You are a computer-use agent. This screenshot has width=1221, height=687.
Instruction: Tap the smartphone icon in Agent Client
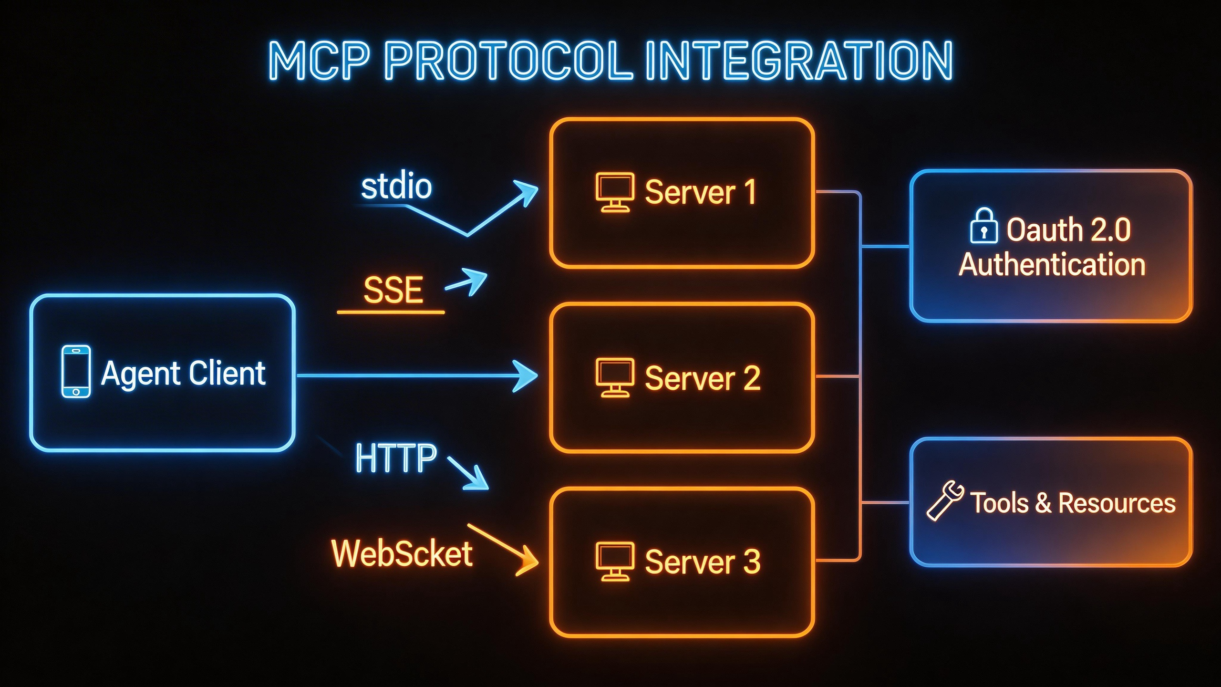76,372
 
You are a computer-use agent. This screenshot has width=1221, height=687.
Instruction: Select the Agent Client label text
183,373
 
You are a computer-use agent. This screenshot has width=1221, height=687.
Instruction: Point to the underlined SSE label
393,290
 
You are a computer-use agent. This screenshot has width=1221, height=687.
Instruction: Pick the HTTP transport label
396,458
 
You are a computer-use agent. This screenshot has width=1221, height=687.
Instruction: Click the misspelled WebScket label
402,553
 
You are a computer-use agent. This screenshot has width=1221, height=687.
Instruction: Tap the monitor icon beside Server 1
614,192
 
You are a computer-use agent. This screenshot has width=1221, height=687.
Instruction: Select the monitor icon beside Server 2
614,377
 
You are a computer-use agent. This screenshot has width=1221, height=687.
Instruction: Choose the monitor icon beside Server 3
614,561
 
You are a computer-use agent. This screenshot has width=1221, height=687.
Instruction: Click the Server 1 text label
700,192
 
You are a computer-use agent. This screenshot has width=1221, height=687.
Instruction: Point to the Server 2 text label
702,378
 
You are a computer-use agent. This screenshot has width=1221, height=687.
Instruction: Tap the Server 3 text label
702,562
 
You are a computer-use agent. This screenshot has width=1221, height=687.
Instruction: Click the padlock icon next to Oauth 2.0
983,226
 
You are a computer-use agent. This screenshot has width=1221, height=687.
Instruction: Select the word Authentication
1052,264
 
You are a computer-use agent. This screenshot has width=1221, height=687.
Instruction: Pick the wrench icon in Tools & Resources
944,500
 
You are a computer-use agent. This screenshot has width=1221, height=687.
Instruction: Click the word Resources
1117,503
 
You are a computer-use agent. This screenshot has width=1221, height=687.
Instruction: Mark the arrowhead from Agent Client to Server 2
527,376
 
